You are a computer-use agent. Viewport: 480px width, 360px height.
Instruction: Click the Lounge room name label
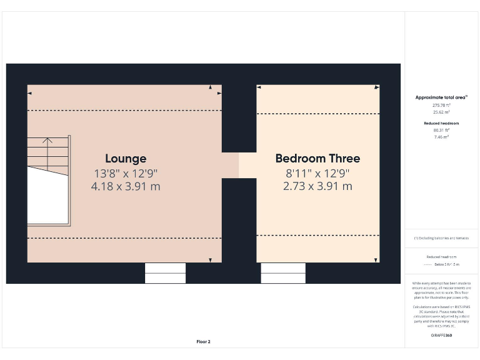126,159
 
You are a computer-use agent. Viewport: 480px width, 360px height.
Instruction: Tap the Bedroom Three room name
317,159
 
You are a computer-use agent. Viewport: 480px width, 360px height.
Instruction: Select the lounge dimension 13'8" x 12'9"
126,173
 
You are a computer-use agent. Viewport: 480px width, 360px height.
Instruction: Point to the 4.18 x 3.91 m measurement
126,186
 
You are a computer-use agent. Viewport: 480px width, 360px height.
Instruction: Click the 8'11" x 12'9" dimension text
317,173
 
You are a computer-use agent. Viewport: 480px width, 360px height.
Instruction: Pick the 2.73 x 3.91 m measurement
317,186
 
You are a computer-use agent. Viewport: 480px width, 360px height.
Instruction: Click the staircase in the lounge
48,180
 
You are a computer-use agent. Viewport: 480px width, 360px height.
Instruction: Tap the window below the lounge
166,273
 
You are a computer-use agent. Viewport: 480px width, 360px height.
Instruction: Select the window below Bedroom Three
283,273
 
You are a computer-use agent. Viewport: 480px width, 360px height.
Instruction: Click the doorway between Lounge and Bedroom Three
239,165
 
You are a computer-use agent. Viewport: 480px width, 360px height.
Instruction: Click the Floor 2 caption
204,342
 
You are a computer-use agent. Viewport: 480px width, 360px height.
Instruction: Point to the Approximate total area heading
441,97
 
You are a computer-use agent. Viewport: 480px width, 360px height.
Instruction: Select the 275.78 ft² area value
441,105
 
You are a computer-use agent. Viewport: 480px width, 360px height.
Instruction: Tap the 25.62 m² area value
441,112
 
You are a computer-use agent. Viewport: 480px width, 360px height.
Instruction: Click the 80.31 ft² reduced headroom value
441,130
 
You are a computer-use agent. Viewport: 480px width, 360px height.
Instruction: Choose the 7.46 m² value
441,136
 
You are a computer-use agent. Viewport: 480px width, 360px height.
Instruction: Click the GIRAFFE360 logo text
441,336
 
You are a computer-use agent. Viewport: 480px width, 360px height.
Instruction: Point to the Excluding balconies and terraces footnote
441,238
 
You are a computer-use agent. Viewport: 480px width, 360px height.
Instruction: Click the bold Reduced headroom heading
441,123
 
